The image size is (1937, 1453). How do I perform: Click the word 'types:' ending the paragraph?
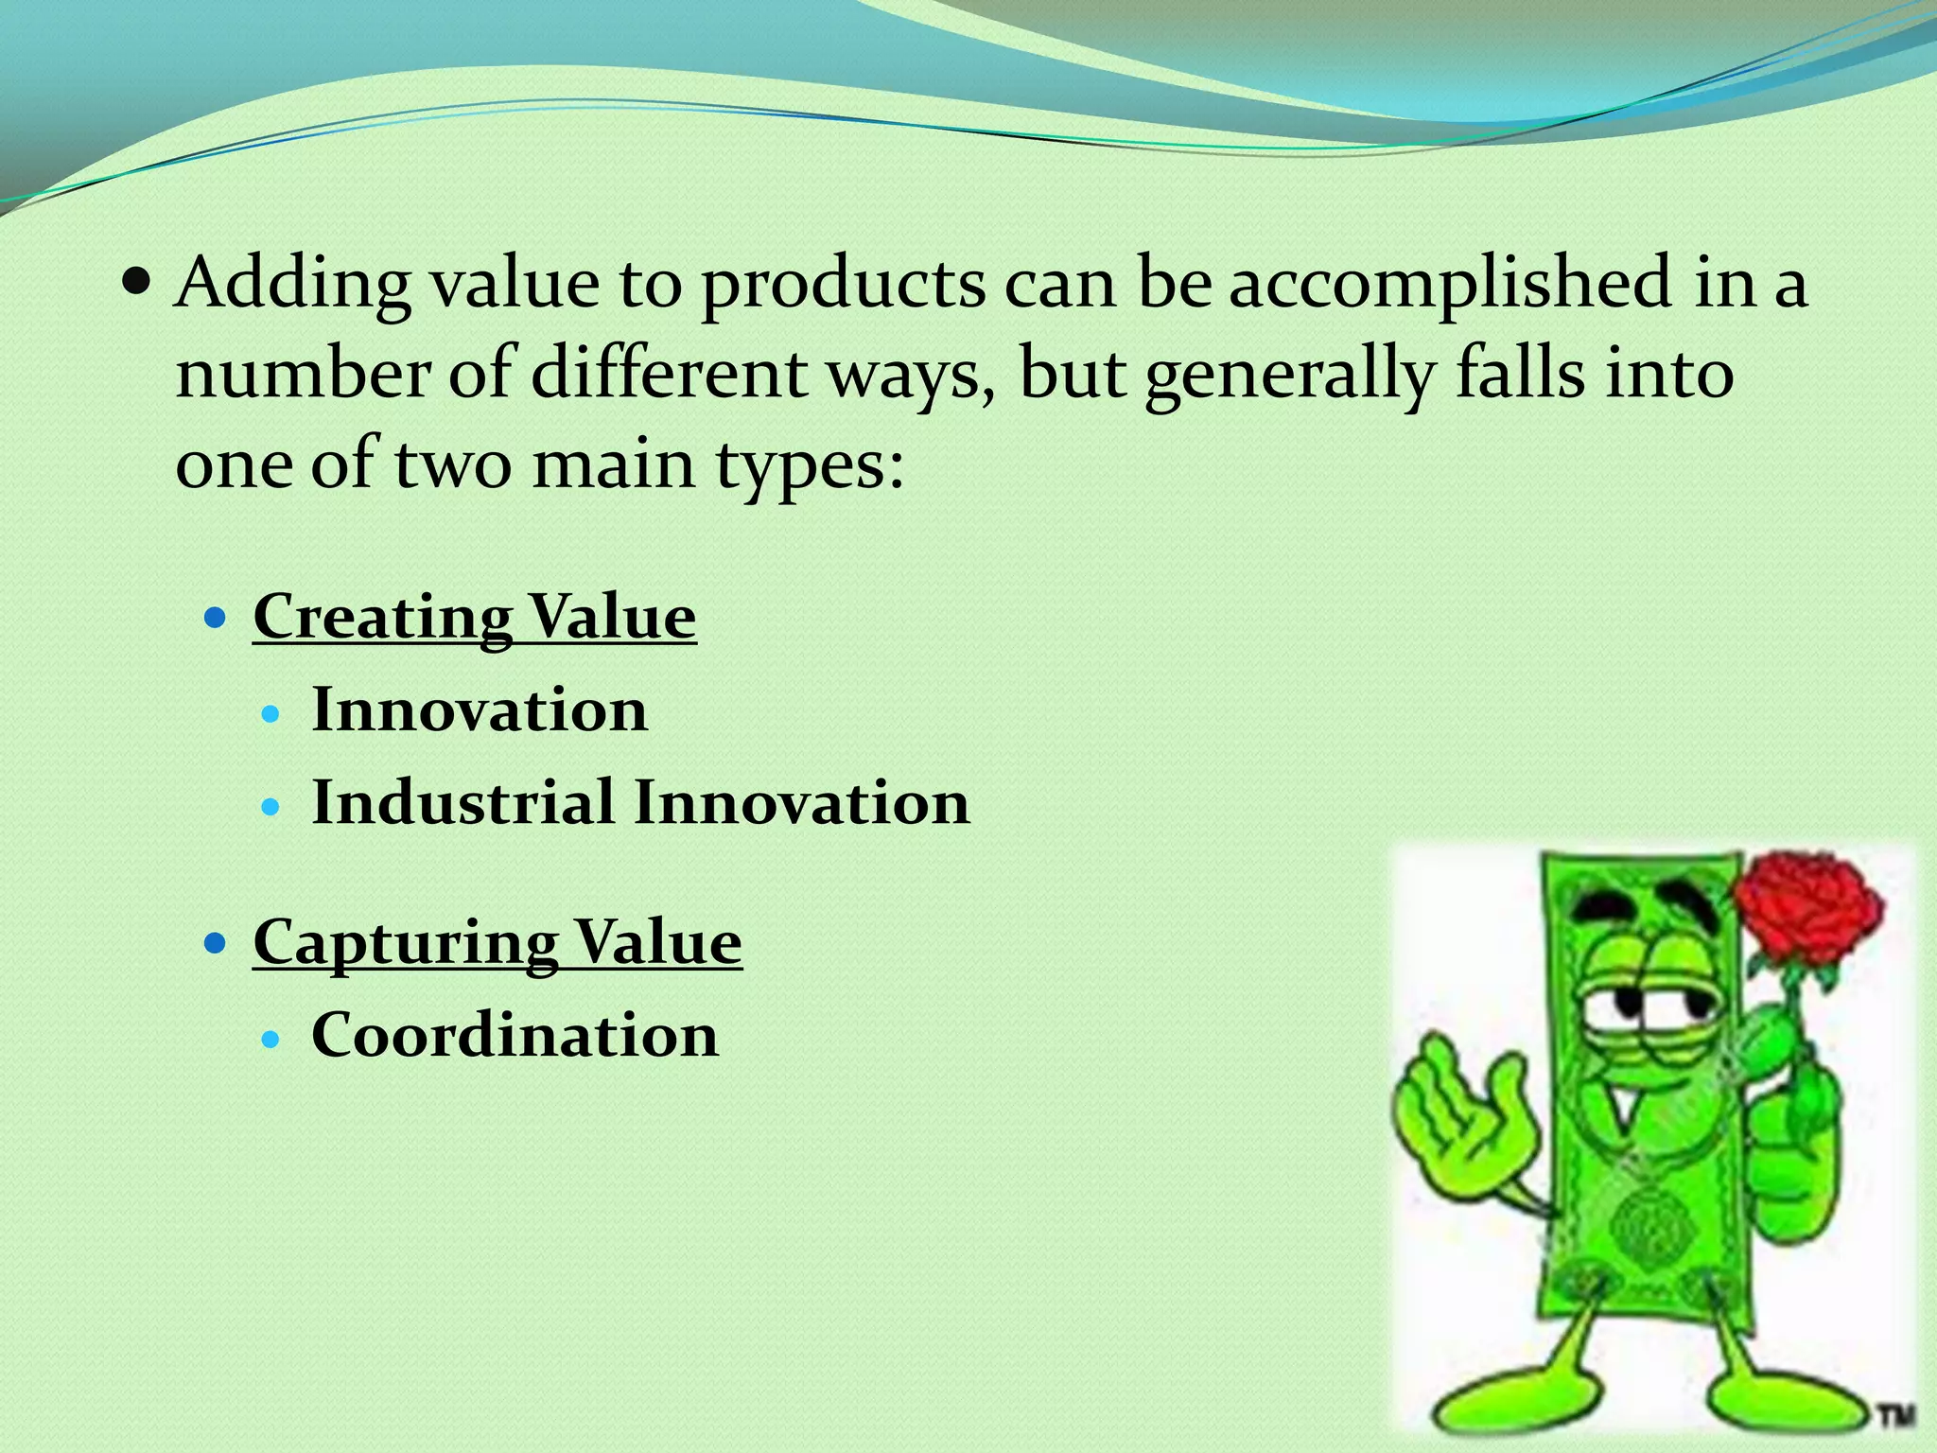click(x=810, y=465)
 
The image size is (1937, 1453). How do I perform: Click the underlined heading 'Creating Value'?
click(x=475, y=617)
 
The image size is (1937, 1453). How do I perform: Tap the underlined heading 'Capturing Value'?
click(x=497, y=942)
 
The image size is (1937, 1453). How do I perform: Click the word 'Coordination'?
click(x=515, y=1035)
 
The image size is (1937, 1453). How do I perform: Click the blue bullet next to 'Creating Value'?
click(x=217, y=619)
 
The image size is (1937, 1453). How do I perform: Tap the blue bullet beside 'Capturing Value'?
click(x=217, y=944)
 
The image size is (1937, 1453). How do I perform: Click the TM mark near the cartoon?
click(x=1894, y=1415)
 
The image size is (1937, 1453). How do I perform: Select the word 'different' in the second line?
click(x=668, y=375)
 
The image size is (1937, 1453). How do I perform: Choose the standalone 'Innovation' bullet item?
click(x=480, y=710)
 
